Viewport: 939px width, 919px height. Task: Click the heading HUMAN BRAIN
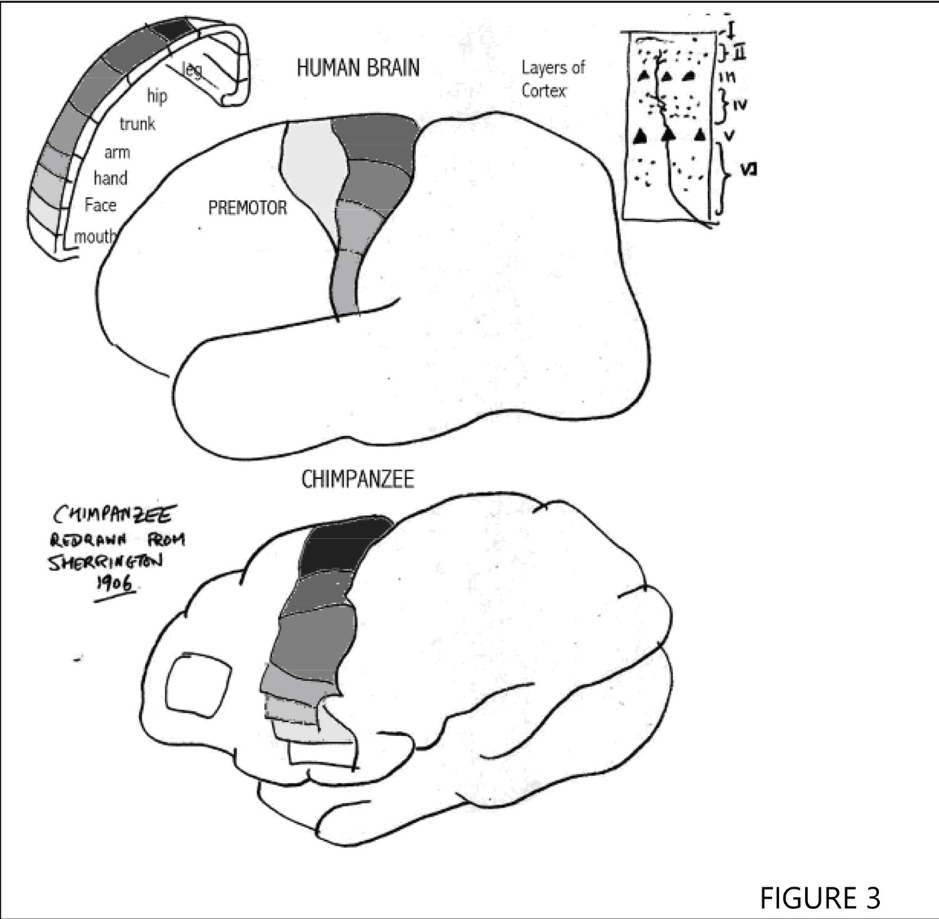tap(358, 68)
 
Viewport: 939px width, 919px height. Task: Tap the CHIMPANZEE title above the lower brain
tap(358, 480)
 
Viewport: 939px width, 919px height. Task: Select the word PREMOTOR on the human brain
tap(248, 208)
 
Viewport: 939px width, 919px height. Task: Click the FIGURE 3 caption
tap(819, 898)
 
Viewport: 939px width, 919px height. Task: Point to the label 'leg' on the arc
tap(191, 69)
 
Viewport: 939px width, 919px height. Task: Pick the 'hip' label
tap(157, 96)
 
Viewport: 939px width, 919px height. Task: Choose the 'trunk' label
tap(137, 124)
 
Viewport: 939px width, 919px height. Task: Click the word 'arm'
tap(117, 152)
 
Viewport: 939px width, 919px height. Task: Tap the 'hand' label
tap(111, 178)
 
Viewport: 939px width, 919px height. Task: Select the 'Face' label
tap(100, 205)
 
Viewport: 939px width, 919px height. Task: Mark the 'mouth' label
tap(94, 237)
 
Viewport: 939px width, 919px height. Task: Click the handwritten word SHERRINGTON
tap(105, 562)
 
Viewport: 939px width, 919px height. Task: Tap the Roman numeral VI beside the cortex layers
tap(748, 170)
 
